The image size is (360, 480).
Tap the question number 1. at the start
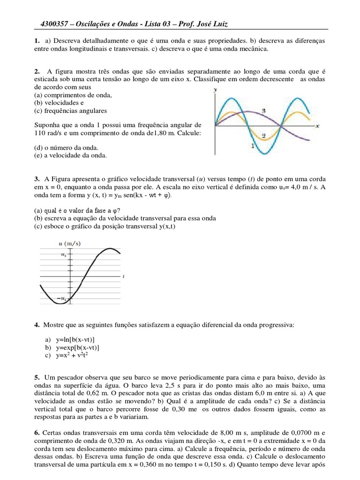click(x=37, y=41)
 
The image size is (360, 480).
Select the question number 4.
click(x=37, y=324)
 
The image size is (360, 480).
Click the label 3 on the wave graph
click(x=264, y=111)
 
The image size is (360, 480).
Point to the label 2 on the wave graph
click(x=264, y=136)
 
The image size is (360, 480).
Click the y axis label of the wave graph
click(x=215, y=89)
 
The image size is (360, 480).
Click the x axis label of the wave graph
click(x=317, y=126)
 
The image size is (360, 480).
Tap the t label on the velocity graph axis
click(x=123, y=277)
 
